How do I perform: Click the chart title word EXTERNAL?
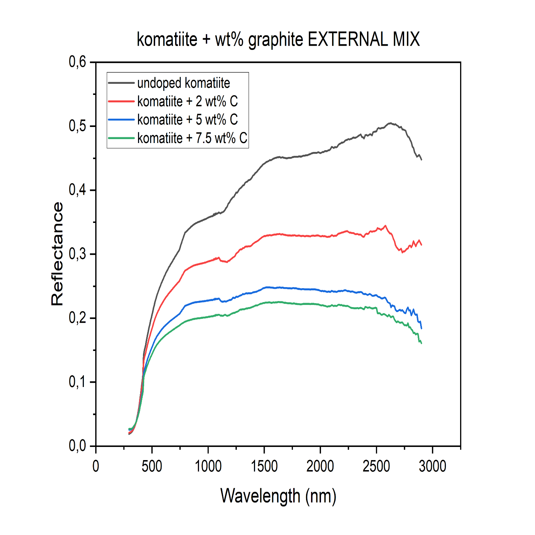pyautogui.click(x=347, y=39)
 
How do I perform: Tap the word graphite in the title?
pyautogui.click(x=275, y=40)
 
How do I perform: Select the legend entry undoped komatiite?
pyautogui.click(x=183, y=83)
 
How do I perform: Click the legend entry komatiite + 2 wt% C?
pyautogui.click(x=187, y=102)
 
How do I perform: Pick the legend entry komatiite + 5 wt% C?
pyautogui.click(x=187, y=120)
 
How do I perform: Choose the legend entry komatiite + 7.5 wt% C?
pyautogui.click(x=192, y=138)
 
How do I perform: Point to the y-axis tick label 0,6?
pyautogui.click(x=77, y=62)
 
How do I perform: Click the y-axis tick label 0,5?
pyautogui.click(x=77, y=126)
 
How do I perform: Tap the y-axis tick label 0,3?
pyautogui.click(x=77, y=254)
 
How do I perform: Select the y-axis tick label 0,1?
pyautogui.click(x=77, y=382)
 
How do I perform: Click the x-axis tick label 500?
pyautogui.click(x=152, y=466)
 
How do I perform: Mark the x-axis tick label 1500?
pyautogui.click(x=264, y=466)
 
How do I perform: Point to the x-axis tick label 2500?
pyautogui.click(x=376, y=466)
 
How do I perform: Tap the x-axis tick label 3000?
pyautogui.click(x=432, y=466)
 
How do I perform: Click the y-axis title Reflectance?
pyautogui.click(x=57, y=254)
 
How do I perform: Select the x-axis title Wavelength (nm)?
pyautogui.click(x=278, y=496)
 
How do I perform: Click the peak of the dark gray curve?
pyautogui.click(x=391, y=123)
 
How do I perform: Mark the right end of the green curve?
pyautogui.click(x=422, y=343)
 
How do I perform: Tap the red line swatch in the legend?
pyautogui.click(x=121, y=102)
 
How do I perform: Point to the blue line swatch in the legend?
pyautogui.click(x=121, y=120)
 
